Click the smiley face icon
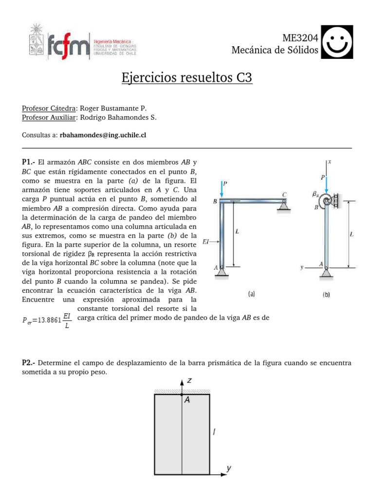337,42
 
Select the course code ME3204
300,38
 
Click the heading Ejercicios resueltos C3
187,78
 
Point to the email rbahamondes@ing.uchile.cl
103,136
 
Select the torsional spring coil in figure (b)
328,200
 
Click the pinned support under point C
283,207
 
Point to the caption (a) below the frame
252,294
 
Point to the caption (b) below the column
326,294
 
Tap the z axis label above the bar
190,381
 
